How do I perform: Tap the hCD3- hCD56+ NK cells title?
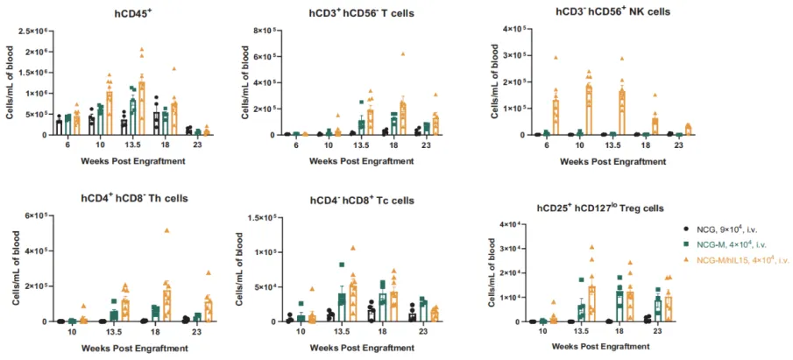(624, 12)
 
